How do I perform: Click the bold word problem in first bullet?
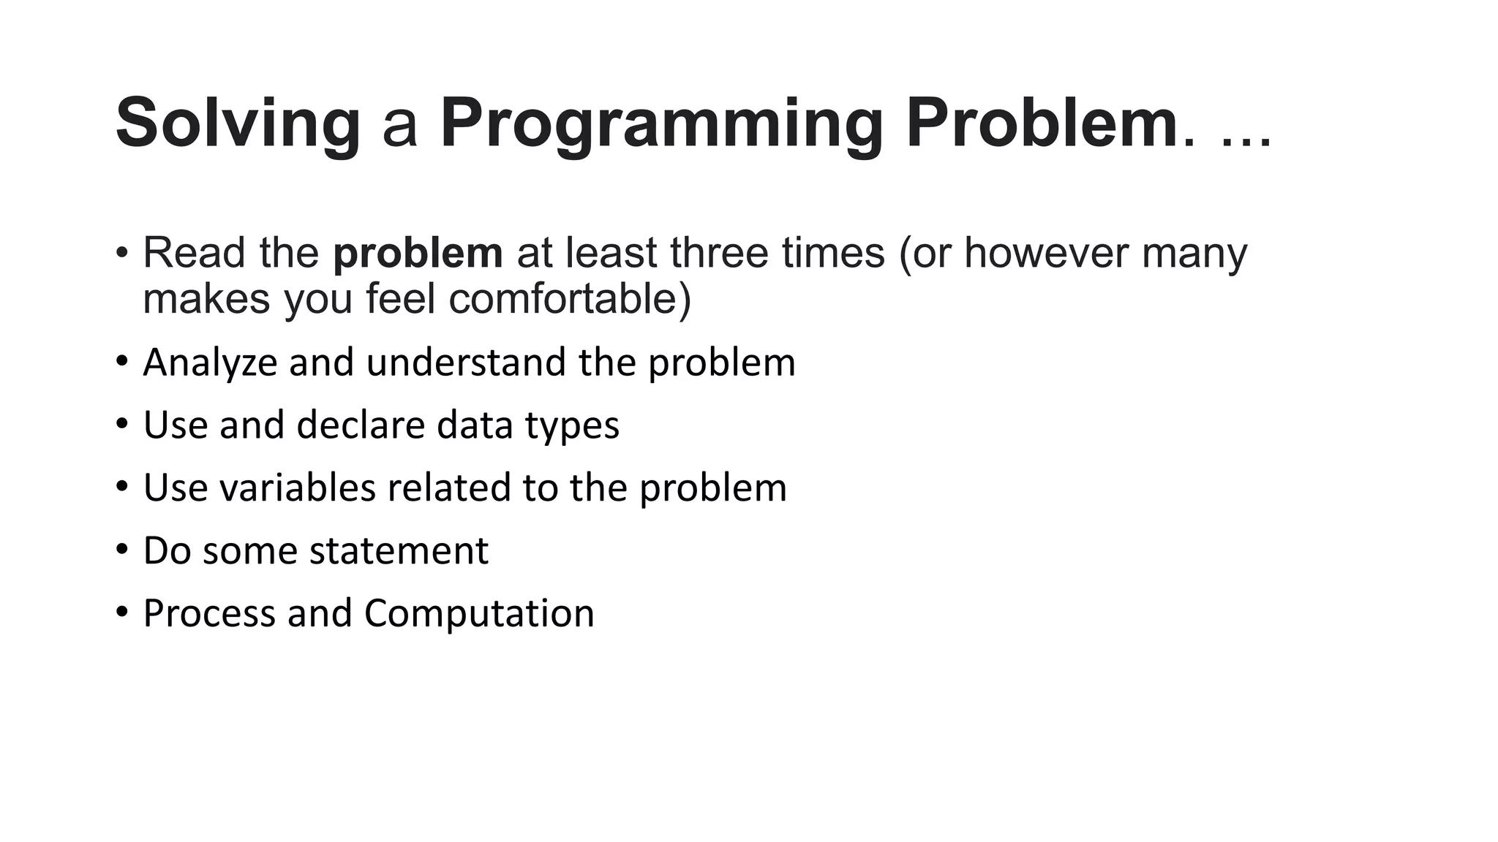pyautogui.click(x=418, y=253)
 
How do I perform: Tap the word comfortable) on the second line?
pyautogui.click(x=569, y=299)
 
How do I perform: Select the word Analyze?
pyautogui.click(x=210, y=363)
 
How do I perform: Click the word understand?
pyautogui.click(x=466, y=363)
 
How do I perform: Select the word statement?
pyautogui.click(x=399, y=551)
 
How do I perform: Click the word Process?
pyautogui.click(x=209, y=613)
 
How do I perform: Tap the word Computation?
pyautogui.click(x=479, y=613)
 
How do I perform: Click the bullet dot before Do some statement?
pyautogui.click(x=122, y=550)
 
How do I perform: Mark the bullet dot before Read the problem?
pyautogui.click(x=122, y=253)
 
